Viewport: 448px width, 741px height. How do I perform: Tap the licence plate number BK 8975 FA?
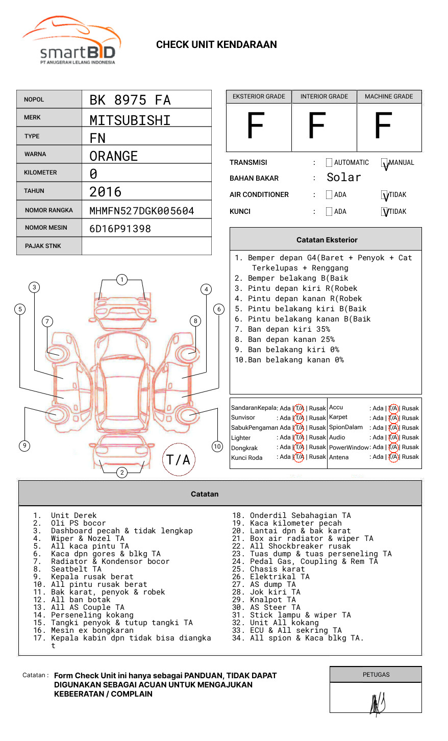(130, 100)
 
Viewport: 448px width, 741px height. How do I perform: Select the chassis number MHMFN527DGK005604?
(142, 211)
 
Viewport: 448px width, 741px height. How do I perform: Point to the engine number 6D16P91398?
(120, 229)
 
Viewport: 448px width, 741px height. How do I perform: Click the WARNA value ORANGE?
(114, 156)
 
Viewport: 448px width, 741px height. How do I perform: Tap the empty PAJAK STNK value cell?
(146, 246)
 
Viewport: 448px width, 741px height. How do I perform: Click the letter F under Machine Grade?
(383, 126)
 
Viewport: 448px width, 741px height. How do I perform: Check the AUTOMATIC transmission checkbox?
(329, 163)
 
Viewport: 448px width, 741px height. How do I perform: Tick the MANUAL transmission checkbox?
(384, 163)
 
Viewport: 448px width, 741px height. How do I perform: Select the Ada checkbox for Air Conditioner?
(329, 195)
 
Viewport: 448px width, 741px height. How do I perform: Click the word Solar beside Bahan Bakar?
(344, 178)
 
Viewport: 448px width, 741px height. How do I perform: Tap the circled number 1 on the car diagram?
(121, 279)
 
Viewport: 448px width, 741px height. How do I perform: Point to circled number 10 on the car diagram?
(217, 447)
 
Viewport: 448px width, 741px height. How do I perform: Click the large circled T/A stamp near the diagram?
(179, 459)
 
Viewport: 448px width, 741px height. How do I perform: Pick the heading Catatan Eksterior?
(327, 240)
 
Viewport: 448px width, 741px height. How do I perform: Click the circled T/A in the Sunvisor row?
(299, 418)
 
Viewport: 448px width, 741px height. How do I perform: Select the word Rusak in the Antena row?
(410, 457)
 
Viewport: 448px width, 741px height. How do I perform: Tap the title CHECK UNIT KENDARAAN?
(216, 45)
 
